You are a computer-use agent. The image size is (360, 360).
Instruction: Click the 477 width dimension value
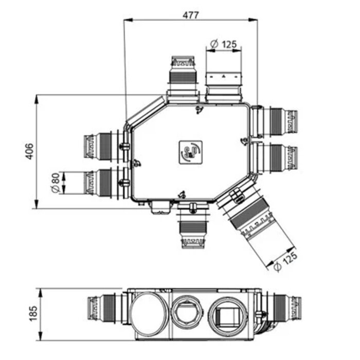[190, 15]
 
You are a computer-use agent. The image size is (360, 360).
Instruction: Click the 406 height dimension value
[29, 151]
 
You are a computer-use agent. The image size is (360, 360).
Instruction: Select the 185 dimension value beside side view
[33, 313]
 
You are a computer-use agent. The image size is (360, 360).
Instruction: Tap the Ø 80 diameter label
[55, 183]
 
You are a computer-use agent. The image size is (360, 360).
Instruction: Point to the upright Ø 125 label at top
[223, 44]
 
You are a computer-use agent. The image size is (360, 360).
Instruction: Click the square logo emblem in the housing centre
[191, 152]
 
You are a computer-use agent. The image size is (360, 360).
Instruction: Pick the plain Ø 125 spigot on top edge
[224, 87]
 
